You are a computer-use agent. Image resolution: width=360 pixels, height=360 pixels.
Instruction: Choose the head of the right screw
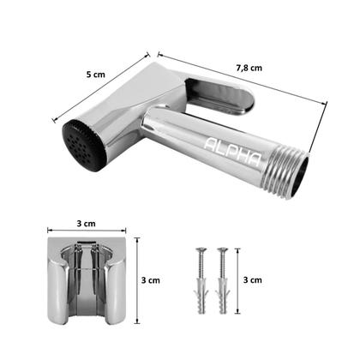[x=223, y=252]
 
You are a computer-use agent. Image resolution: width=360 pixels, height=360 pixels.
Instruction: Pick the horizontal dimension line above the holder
[x=85, y=233]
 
